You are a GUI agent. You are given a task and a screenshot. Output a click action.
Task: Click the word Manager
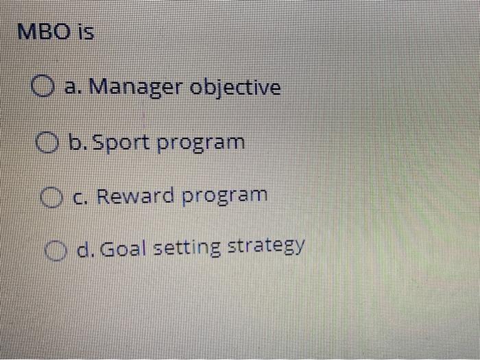pyautogui.click(x=136, y=88)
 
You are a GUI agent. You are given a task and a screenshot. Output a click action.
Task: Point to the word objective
pyautogui.click(x=235, y=88)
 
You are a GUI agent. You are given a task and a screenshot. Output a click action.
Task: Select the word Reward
pyautogui.click(x=136, y=195)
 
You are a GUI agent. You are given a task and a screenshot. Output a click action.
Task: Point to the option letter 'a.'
pyautogui.click(x=72, y=88)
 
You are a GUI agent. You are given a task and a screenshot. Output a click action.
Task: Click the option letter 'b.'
pyautogui.click(x=75, y=143)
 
